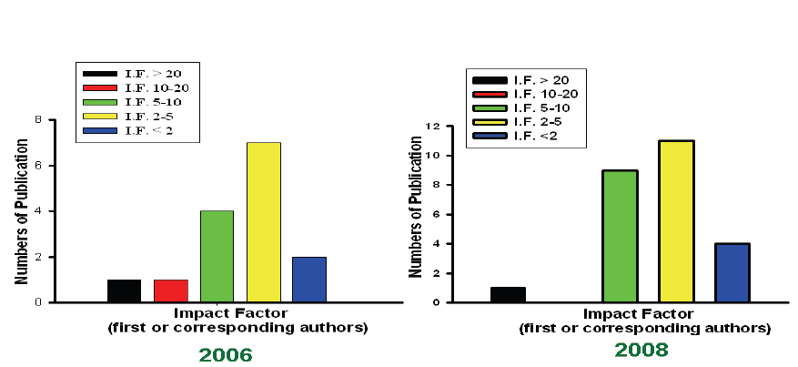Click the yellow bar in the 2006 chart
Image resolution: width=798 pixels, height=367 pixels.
(263, 222)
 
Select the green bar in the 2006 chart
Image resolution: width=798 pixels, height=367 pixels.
(217, 256)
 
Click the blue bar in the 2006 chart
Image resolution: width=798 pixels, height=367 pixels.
(309, 279)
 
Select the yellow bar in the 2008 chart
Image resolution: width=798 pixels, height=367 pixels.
(676, 221)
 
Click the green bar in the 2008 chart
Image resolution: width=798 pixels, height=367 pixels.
(620, 236)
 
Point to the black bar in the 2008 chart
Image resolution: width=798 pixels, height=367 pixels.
(508, 294)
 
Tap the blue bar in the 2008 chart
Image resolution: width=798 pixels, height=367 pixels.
(732, 272)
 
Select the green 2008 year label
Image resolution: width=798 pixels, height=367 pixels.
(641, 350)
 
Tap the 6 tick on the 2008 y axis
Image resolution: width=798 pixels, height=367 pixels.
(438, 215)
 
